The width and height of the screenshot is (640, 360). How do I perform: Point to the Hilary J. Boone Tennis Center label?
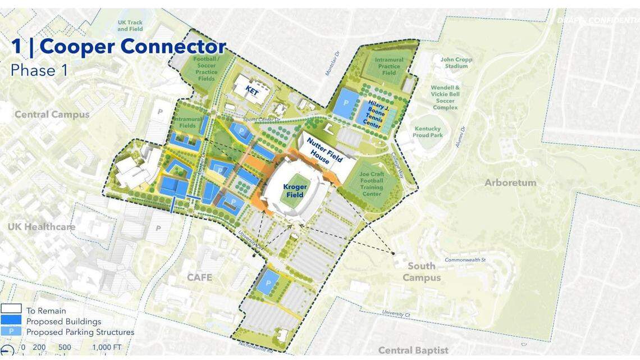pos(375,113)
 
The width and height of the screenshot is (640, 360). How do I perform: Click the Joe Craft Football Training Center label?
pos(371,184)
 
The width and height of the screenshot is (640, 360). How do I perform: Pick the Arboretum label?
pos(511,183)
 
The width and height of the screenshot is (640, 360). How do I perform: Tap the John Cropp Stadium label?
pos(456,62)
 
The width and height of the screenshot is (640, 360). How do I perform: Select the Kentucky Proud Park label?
pos(428,132)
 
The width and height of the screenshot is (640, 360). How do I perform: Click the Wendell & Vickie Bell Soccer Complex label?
pos(445,97)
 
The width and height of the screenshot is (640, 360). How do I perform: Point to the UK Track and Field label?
pos(130,25)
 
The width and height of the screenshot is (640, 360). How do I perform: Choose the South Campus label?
pos(421,272)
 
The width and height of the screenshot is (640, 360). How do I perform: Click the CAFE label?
pos(199,277)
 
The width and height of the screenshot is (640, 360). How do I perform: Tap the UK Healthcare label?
pos(41,227)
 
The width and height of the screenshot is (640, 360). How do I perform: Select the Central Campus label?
pos(52,115)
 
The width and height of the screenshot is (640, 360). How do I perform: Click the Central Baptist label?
pos(413,350)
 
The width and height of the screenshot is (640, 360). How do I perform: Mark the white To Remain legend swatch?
pos(11,309)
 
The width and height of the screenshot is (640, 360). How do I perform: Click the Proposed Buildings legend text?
pos(63,321)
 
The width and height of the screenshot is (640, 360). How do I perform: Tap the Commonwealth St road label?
pos(465,260)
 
